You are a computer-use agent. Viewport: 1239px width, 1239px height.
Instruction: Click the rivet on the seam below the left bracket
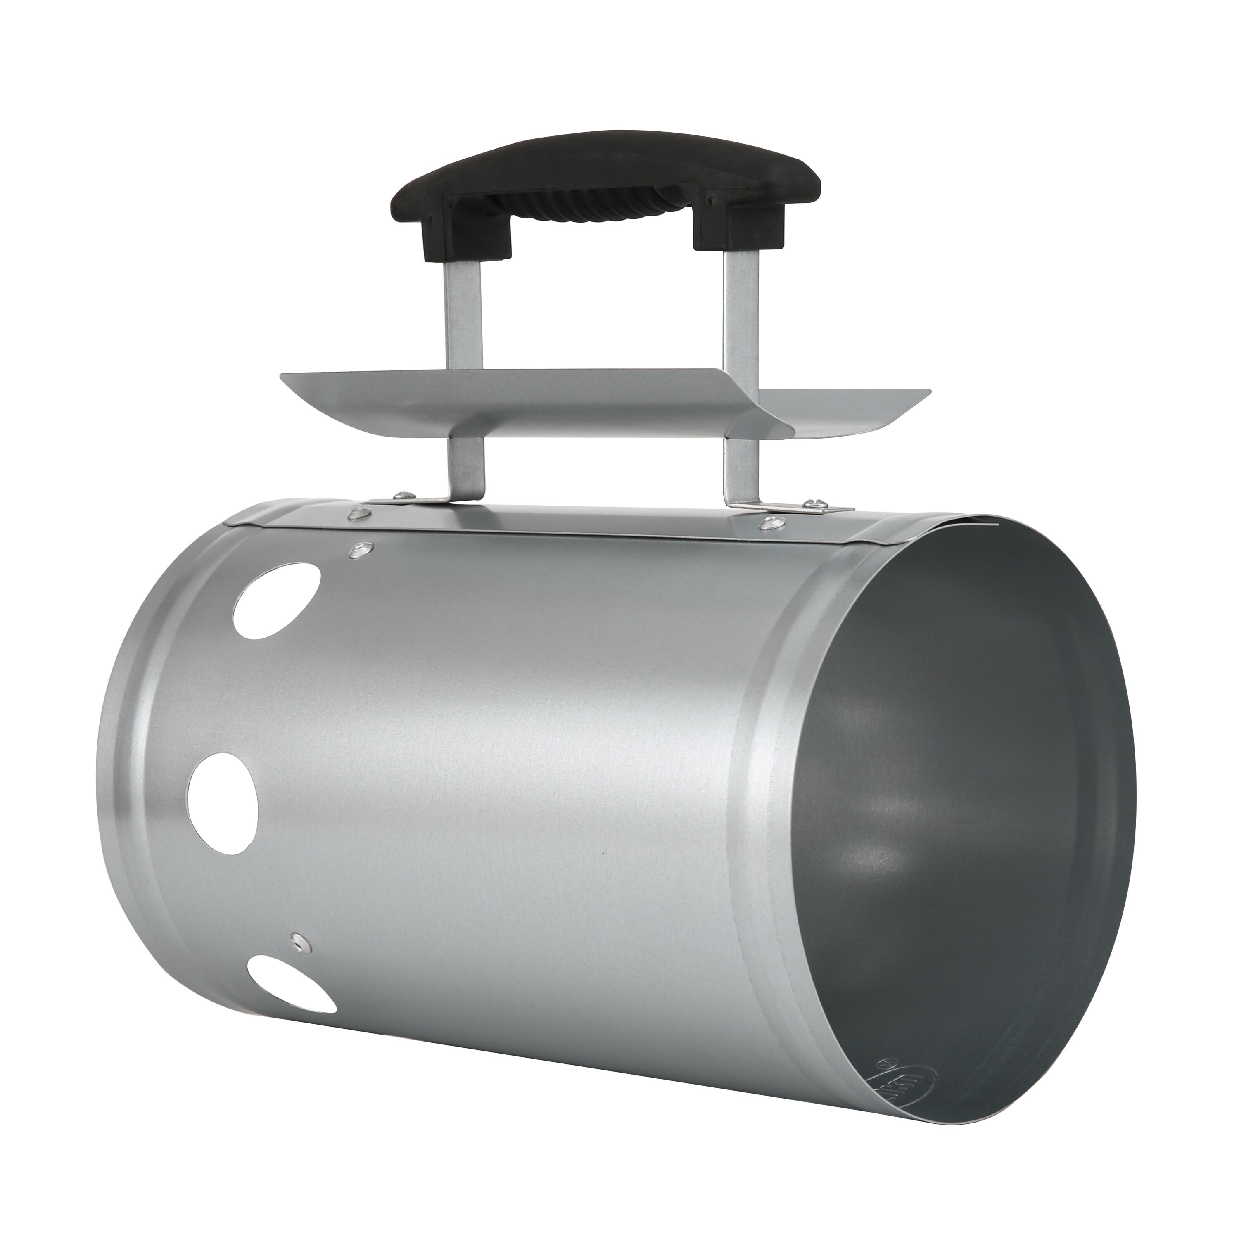coord(359,513)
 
